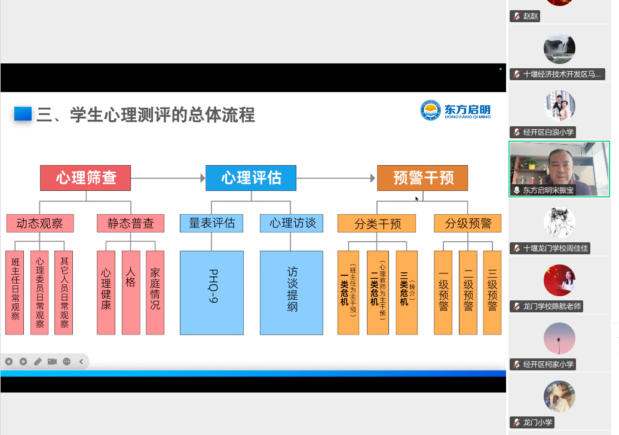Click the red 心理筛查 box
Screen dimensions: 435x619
[85, 178]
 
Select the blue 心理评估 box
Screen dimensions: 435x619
[251, 178]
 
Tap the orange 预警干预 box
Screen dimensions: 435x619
[422, 178]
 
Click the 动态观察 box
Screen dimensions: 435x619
[40, 223]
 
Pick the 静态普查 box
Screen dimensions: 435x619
[130, 223]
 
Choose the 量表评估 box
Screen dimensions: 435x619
[212, 223]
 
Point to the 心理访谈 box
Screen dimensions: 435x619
[292, 223]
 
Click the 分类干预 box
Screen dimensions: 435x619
[378, 223]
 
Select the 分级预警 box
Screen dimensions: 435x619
[468, 223]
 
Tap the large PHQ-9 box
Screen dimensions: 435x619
[212, 293]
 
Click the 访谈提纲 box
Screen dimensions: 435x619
[292, 293]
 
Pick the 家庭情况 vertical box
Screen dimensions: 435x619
[155, 293]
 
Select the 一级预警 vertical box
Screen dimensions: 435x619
[443, 293]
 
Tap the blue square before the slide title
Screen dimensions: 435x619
[23, 114]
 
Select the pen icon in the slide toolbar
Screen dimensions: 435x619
[38, 361]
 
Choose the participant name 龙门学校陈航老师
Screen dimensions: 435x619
[551, 306]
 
